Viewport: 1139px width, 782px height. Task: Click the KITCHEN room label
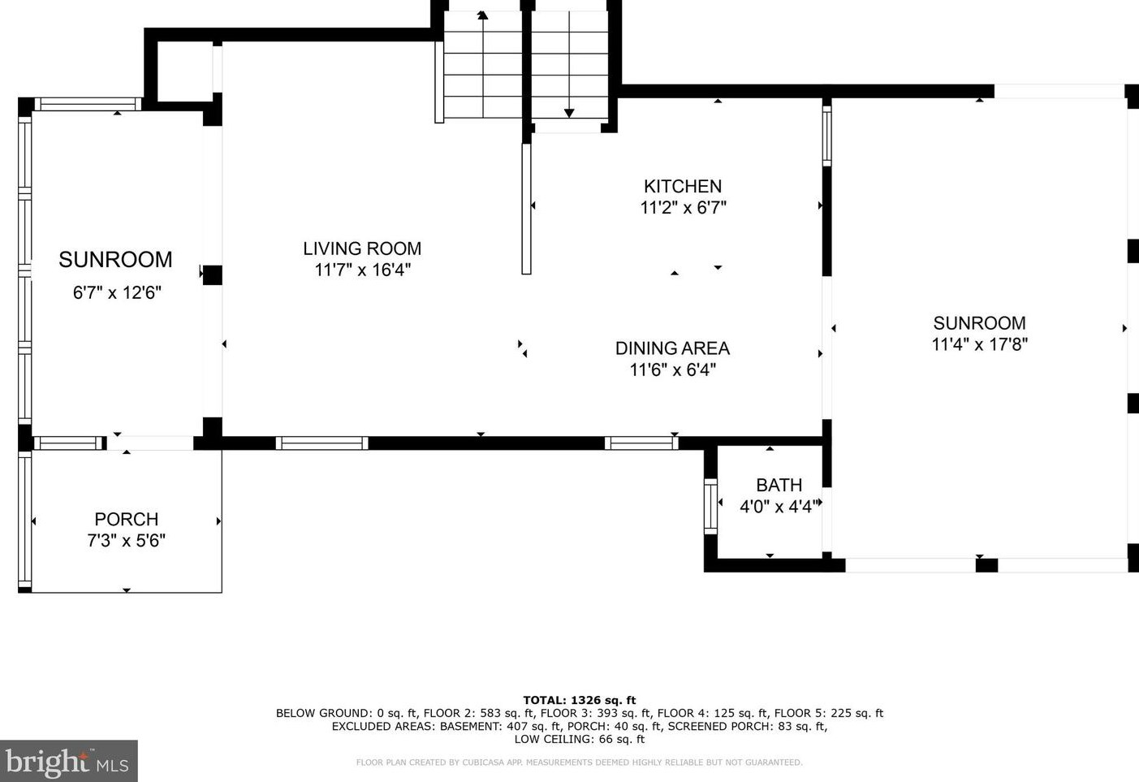click(x=683, y=186)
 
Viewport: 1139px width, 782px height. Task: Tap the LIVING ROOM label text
click(x=362, y=248)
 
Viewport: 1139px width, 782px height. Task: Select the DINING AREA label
click(x=672, y=348)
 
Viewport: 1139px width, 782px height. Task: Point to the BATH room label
click(x=779, y=485)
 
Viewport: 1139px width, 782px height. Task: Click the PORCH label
click(x=127, y=519)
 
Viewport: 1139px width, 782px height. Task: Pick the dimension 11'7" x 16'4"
click(x=362, y=270)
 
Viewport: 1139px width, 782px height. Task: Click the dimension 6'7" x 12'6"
click(x=117, y=293)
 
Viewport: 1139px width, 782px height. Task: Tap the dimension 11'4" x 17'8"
click(x=979, y=344)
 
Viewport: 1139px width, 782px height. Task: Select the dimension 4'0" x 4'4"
click(x=779, y=507)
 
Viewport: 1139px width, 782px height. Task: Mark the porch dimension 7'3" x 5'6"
click(x=127, y=540)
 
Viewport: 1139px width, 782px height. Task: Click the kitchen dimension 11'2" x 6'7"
click(x=683, y=207)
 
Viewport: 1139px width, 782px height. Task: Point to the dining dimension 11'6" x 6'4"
click(x=673, y=369)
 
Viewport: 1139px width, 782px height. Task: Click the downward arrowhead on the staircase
click(x=569, y=113)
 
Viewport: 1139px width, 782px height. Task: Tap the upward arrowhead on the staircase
click(x=482, y=15)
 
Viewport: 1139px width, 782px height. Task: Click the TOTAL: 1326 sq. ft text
click(x=579, y=700)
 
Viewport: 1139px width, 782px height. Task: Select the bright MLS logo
click(x=69, y=761)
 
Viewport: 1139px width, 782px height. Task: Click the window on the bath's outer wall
click(x=710, y=507)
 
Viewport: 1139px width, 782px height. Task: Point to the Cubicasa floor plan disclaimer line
click(x=579, y=763)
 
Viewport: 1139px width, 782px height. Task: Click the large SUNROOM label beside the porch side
click(x=115, y=260)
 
